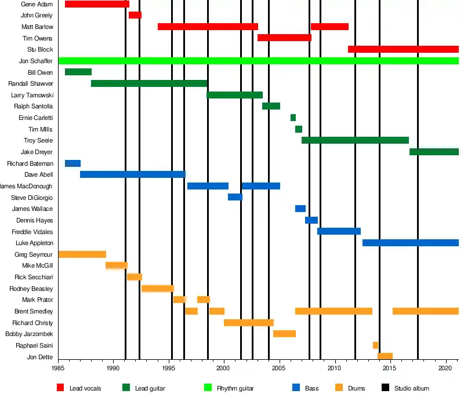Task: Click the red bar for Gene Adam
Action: pos(97,4)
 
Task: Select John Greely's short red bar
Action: pos(135,15)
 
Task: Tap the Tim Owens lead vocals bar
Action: pos(284,38)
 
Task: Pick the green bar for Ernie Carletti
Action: pos(293,118)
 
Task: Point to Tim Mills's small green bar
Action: pos(299,129)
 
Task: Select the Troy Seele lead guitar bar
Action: pos(355,140)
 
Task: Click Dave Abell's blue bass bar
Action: pos(133,174)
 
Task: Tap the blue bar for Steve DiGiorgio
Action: pos(235,197)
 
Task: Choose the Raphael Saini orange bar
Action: pos(375,345)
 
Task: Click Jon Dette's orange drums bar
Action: pos(385,356)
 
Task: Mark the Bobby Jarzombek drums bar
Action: pos(284,334)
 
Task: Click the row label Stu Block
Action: pos(40,50)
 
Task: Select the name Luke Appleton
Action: pos(34,243)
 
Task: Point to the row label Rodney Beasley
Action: pos(31,289)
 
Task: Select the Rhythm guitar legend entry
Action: pos(235,388)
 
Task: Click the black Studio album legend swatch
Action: pos(385,388)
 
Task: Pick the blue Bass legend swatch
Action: pos(296,388)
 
